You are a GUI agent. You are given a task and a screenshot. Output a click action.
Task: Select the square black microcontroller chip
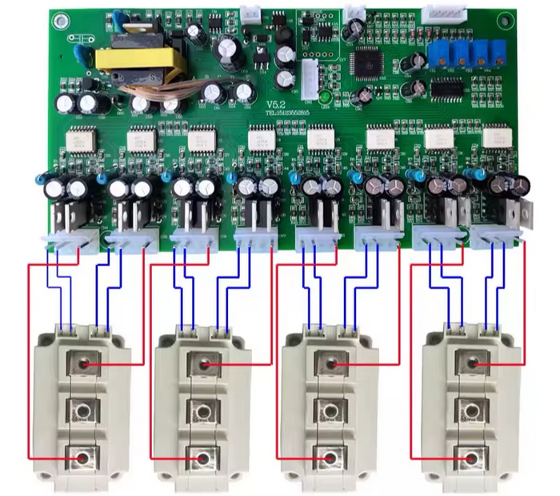pyautogui.click(x=369, y=61)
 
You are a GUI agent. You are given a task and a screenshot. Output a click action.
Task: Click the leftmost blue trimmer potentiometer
pyautogui.click(x=437, y=54)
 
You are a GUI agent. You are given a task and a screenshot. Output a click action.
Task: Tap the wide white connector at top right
pyautogui.click(x=438, y=14)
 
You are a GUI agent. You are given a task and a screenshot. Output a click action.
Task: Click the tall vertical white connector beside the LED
pyautogui.click(x=310, y=77)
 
